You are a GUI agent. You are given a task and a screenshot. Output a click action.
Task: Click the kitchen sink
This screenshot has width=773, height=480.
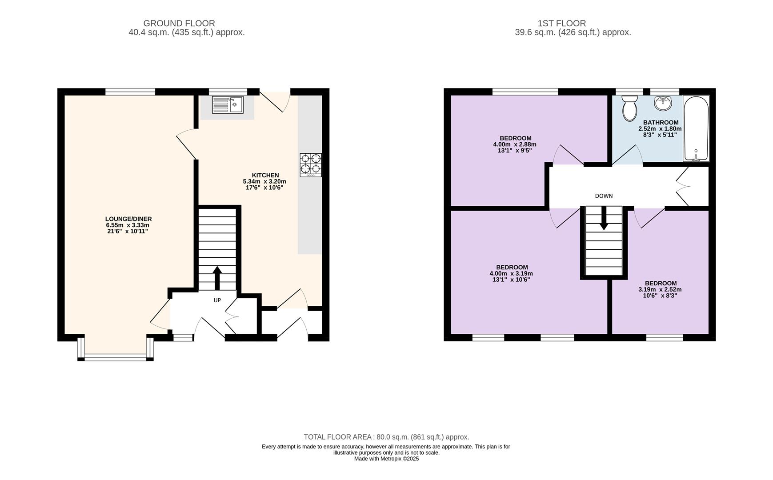228,105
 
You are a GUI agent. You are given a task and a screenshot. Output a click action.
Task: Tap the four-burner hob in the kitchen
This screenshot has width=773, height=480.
311,165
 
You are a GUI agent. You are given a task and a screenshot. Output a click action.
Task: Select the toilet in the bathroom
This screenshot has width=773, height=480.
629,108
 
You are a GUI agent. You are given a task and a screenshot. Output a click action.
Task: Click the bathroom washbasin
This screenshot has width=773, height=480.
663,103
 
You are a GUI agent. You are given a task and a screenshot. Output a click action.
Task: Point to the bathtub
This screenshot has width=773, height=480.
696,128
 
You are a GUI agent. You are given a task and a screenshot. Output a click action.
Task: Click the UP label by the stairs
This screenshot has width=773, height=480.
217,300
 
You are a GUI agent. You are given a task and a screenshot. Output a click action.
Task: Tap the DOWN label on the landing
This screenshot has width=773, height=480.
604,196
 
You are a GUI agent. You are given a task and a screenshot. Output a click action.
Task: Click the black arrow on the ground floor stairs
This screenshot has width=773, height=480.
217,278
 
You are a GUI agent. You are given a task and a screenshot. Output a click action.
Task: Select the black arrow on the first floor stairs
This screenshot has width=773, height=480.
604,218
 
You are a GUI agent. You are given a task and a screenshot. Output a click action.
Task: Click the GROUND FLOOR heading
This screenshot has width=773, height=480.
179,23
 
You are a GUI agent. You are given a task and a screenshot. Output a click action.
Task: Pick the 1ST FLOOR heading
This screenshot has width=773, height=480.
562,23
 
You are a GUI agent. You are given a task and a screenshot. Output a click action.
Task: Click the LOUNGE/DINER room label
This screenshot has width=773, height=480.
128,219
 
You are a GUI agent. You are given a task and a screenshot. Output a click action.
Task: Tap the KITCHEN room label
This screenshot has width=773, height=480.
265,175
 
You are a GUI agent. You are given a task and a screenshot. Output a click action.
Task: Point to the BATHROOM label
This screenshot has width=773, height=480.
661,123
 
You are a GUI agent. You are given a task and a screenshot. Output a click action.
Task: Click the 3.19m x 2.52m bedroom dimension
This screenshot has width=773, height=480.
660,290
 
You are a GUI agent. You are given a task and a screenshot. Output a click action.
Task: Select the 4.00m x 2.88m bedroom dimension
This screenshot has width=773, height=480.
515,144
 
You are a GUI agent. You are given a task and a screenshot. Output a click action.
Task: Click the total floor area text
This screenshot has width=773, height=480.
386,437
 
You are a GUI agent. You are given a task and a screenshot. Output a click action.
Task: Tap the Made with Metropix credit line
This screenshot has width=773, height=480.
386,459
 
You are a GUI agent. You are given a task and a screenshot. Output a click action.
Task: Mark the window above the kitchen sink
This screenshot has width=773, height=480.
228,92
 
